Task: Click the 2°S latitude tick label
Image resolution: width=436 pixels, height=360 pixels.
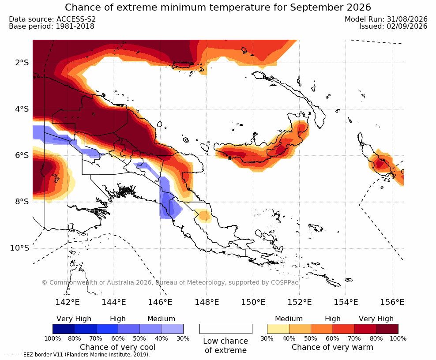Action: click(x=22, y=63)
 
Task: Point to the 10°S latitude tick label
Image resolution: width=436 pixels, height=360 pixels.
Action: click(x=20, y=248)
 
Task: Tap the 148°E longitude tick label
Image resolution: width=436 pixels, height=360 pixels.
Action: click(x=207, y=302)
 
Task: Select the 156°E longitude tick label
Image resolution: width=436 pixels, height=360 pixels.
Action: click(x=392, y=302)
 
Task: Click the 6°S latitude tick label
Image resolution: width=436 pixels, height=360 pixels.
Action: click(x=22, y=155)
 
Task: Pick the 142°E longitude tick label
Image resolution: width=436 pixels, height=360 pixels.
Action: click(x=68, y=302)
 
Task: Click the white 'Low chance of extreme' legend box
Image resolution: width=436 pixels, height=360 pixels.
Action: click(x=226, y=329)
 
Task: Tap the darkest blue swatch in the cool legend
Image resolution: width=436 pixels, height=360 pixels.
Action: click(x=64, y=329)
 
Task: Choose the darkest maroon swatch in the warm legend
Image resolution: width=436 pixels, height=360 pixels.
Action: click(x=387, y=329)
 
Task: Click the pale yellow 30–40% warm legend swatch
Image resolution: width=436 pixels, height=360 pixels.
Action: click(x=278, y=329)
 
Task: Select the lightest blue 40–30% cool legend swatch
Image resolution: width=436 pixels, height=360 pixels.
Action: click(x=173, y=329)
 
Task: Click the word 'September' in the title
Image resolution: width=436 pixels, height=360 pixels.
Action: click(x=308, y=7)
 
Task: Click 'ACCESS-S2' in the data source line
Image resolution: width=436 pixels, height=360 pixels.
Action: click(x=76, y=19)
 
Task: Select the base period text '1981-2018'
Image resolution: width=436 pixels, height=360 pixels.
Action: click(x=75, y=26)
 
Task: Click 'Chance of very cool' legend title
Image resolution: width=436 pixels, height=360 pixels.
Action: click(x=118, y=347)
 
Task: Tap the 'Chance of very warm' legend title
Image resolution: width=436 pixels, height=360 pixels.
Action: click(x=333, y=347)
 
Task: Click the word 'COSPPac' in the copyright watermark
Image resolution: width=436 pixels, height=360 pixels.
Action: click(x=284, y=282)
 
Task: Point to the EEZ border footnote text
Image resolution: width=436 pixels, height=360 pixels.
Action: click(x=77, y=355)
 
